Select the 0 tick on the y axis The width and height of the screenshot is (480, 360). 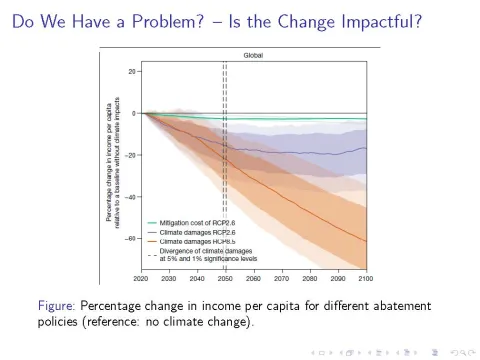click(x=135, y=113)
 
